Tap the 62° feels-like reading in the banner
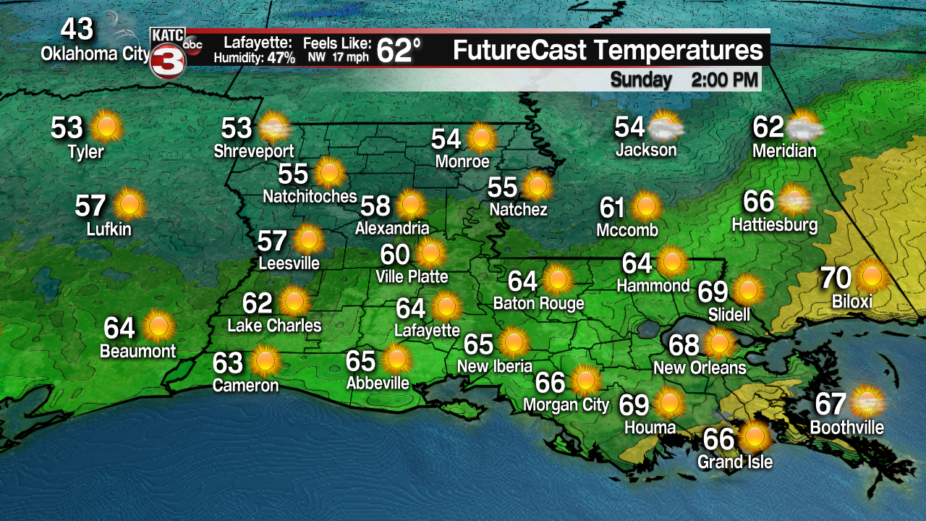(x=398, y=51)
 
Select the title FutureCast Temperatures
(x=608, y=51)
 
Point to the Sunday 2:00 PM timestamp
(x=684, y=79)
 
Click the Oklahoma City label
(x=95, y=54)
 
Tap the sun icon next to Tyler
(x=106, y=127)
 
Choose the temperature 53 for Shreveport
(x=236, y=128)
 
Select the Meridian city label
(x=784, y=151)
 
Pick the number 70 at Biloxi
(x=835, y=277)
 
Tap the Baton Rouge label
(x=538, y=303)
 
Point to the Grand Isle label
(x=735, y=462)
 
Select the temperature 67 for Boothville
(x=831, y=403)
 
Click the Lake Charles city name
(x=274, y=326)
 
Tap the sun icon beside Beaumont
(x=156, y=327)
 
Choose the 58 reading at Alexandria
(x=375, y=206)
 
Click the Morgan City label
(x=566, y=404)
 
